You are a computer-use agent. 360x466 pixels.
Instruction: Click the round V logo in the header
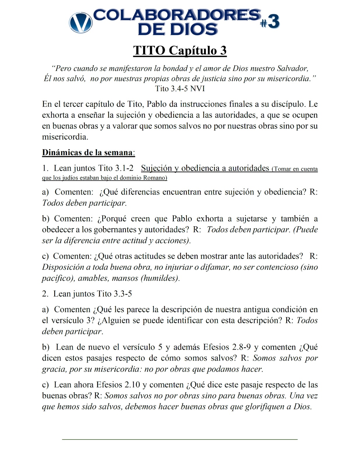pyautogui.click(x=80, y=22)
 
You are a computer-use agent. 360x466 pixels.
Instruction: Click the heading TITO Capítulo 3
pyautogui.click(x=180, y=50)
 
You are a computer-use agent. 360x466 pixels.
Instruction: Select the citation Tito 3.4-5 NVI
pyautogui.click(x=180, y=89)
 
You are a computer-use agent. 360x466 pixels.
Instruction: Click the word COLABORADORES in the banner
pyautogui.click(x=177, y=15)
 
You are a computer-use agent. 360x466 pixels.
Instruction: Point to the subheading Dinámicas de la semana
pyautogui.click(x=88, y=152)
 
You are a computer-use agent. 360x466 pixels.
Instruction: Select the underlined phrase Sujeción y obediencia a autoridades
pyautogui.click(x=205, y=168)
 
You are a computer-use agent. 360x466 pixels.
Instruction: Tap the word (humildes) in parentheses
pyautogui.click(x=160, y=278)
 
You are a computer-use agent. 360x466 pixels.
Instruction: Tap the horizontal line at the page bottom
pyautogui.click(x=180, y=439)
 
